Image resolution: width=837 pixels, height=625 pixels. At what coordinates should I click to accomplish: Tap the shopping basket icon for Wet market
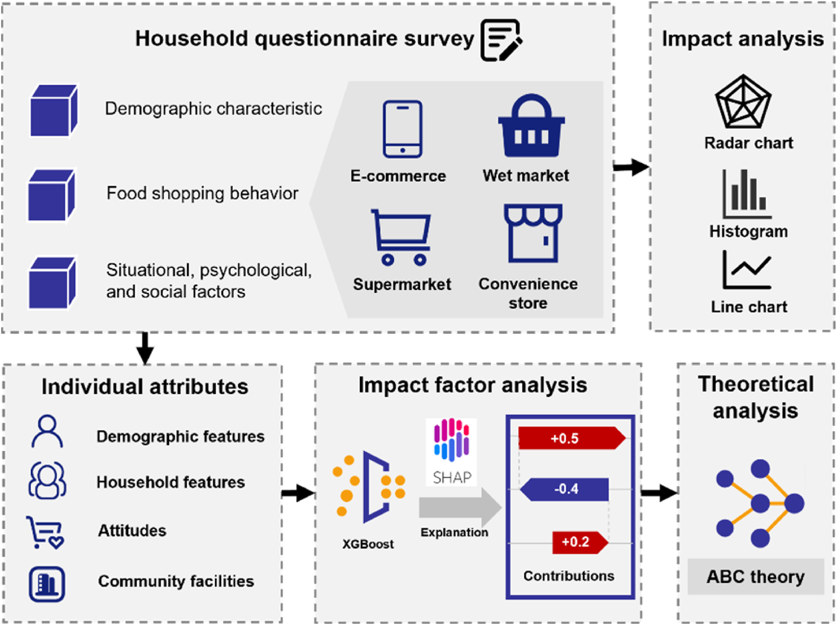coord(531,127)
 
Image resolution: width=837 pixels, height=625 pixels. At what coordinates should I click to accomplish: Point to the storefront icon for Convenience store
coord(533,233)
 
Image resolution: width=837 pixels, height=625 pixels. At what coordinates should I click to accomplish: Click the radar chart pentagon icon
coord(743,102)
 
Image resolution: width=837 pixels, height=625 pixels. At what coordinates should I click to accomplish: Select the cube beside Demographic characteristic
coord(54,111)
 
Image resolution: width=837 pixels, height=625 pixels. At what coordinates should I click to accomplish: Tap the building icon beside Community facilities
coord(47,584)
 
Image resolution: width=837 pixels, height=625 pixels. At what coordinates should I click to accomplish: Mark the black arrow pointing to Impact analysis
coord(631,167)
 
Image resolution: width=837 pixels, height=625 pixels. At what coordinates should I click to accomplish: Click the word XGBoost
coord(368,544)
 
